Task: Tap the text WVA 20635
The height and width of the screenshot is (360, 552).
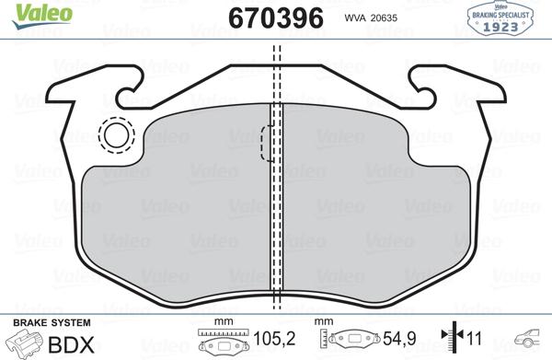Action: (x=372, y=17)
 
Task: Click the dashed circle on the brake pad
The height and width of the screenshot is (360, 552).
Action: (x=116, y=136)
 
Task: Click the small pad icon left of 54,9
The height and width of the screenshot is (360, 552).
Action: (x=351, y=343)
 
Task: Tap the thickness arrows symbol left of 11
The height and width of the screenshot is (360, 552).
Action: (x=448, y=342)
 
